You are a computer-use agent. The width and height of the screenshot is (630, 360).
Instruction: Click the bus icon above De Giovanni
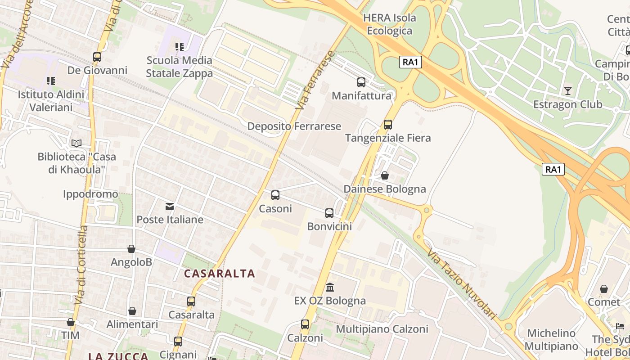click(97, 57)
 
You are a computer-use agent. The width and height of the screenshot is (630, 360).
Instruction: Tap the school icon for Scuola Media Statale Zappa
click(180, 47)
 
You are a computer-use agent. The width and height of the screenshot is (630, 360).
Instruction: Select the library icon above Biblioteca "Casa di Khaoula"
click(76, 144)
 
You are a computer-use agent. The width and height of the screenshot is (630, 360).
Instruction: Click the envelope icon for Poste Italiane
click(170, 207)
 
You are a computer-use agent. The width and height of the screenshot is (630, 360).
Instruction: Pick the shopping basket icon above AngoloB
click(131, 249)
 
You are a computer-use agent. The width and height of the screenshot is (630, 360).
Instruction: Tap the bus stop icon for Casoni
click(275, 195)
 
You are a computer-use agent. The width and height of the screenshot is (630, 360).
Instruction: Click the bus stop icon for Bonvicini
click(329, 213)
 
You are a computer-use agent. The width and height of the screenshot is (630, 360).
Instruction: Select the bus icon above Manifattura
click(361, 82)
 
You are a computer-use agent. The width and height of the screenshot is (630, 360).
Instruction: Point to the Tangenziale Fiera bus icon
click(388, 125)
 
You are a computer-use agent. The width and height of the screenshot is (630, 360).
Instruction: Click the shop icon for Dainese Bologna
click(385, 175)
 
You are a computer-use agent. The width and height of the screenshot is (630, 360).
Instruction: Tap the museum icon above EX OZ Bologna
click(330, 287)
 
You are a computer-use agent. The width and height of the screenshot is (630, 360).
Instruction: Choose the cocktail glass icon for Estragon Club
click(568, 91)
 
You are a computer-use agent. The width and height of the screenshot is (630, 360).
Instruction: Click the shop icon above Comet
click(604, 289)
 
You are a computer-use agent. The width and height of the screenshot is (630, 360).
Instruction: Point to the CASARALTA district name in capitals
click(220, 274)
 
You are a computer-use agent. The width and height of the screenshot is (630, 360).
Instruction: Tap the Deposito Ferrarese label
click(294, 126)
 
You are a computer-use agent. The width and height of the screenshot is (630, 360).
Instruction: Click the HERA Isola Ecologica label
click(390, 24)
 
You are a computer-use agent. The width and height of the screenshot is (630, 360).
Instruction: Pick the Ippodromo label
click(90, 194)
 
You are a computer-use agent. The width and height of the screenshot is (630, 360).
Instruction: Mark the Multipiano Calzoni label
click(382, 329)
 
